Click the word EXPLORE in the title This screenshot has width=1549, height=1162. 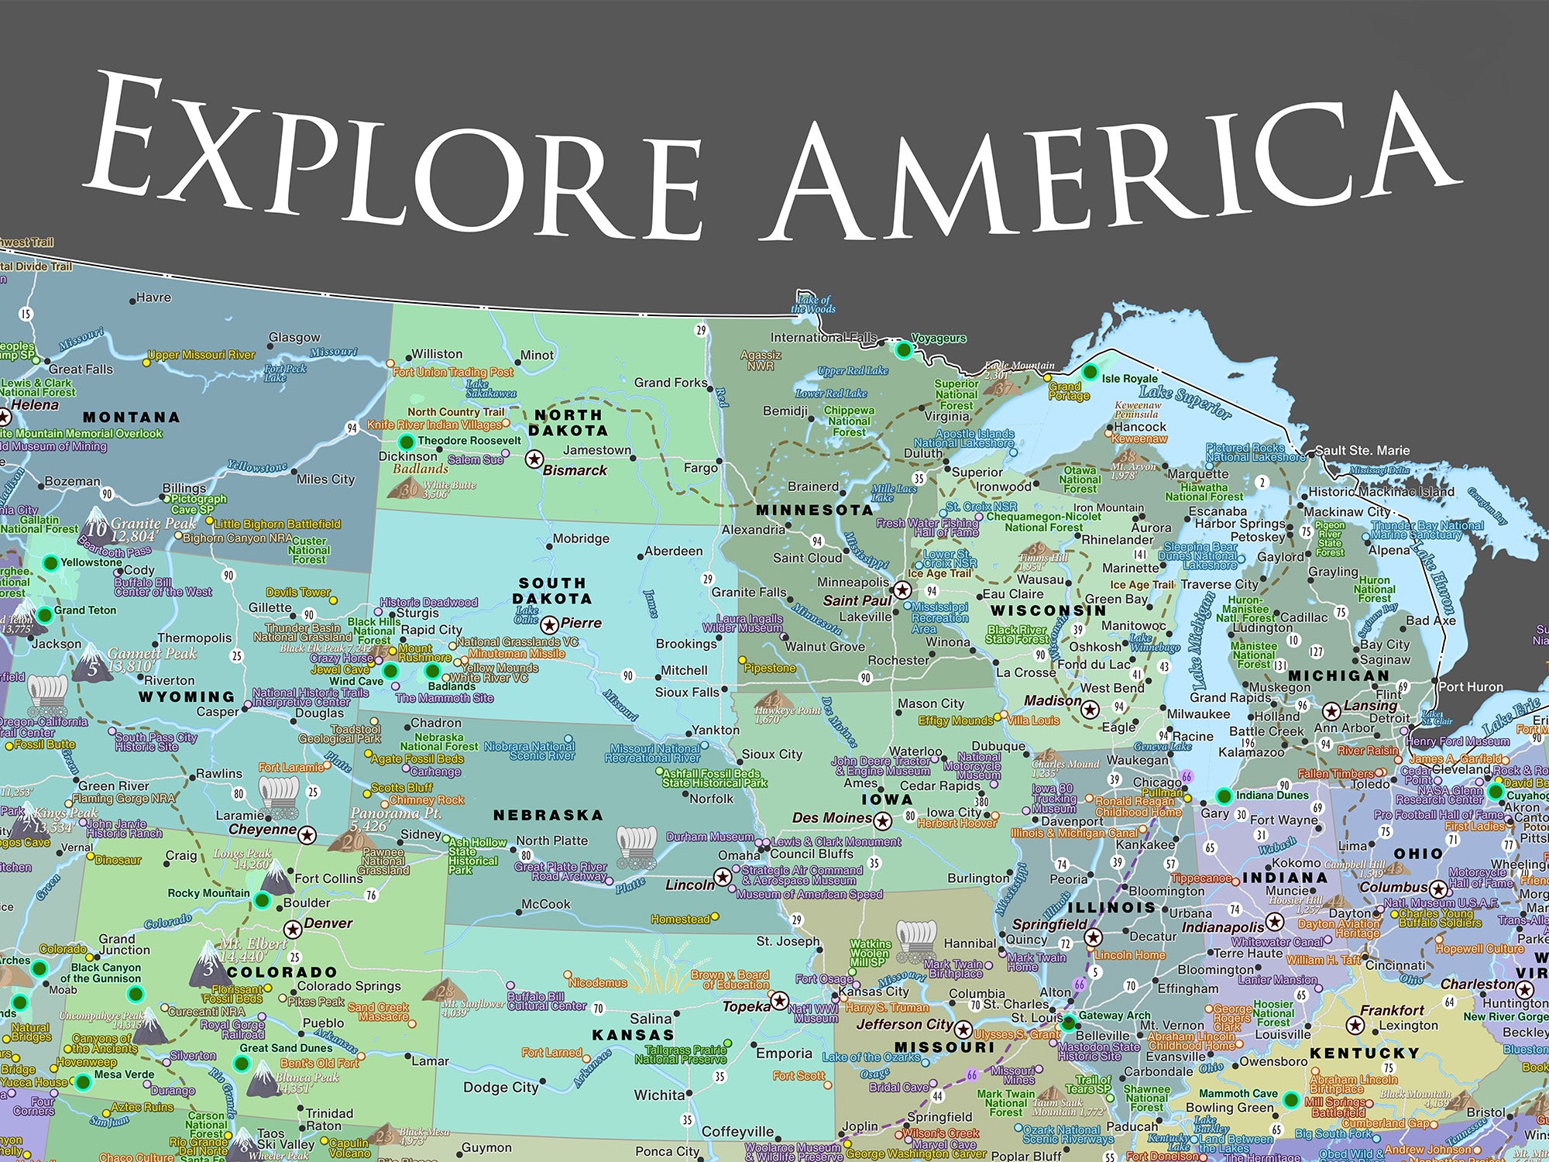[395, 163]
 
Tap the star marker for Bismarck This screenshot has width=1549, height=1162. [534, 459]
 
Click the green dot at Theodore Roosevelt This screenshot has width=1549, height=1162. [405, 442]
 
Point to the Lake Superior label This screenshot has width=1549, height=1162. [1185, 402]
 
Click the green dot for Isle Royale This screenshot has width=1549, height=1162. [1090, 373]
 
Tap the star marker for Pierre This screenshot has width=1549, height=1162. [549, 624]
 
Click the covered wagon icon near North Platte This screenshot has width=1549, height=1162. [636, 843]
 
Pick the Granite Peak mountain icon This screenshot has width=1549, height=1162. [97, 523]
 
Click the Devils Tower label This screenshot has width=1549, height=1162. [298, 592]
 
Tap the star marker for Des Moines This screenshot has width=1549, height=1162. [882, 820]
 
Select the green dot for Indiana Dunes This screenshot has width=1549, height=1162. [1224, 796]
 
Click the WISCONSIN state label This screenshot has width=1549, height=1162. [1048, 610]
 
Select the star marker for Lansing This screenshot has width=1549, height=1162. [1331, 711]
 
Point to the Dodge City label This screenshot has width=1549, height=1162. [500, 1087]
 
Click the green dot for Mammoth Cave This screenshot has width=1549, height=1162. [1290, 1098]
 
